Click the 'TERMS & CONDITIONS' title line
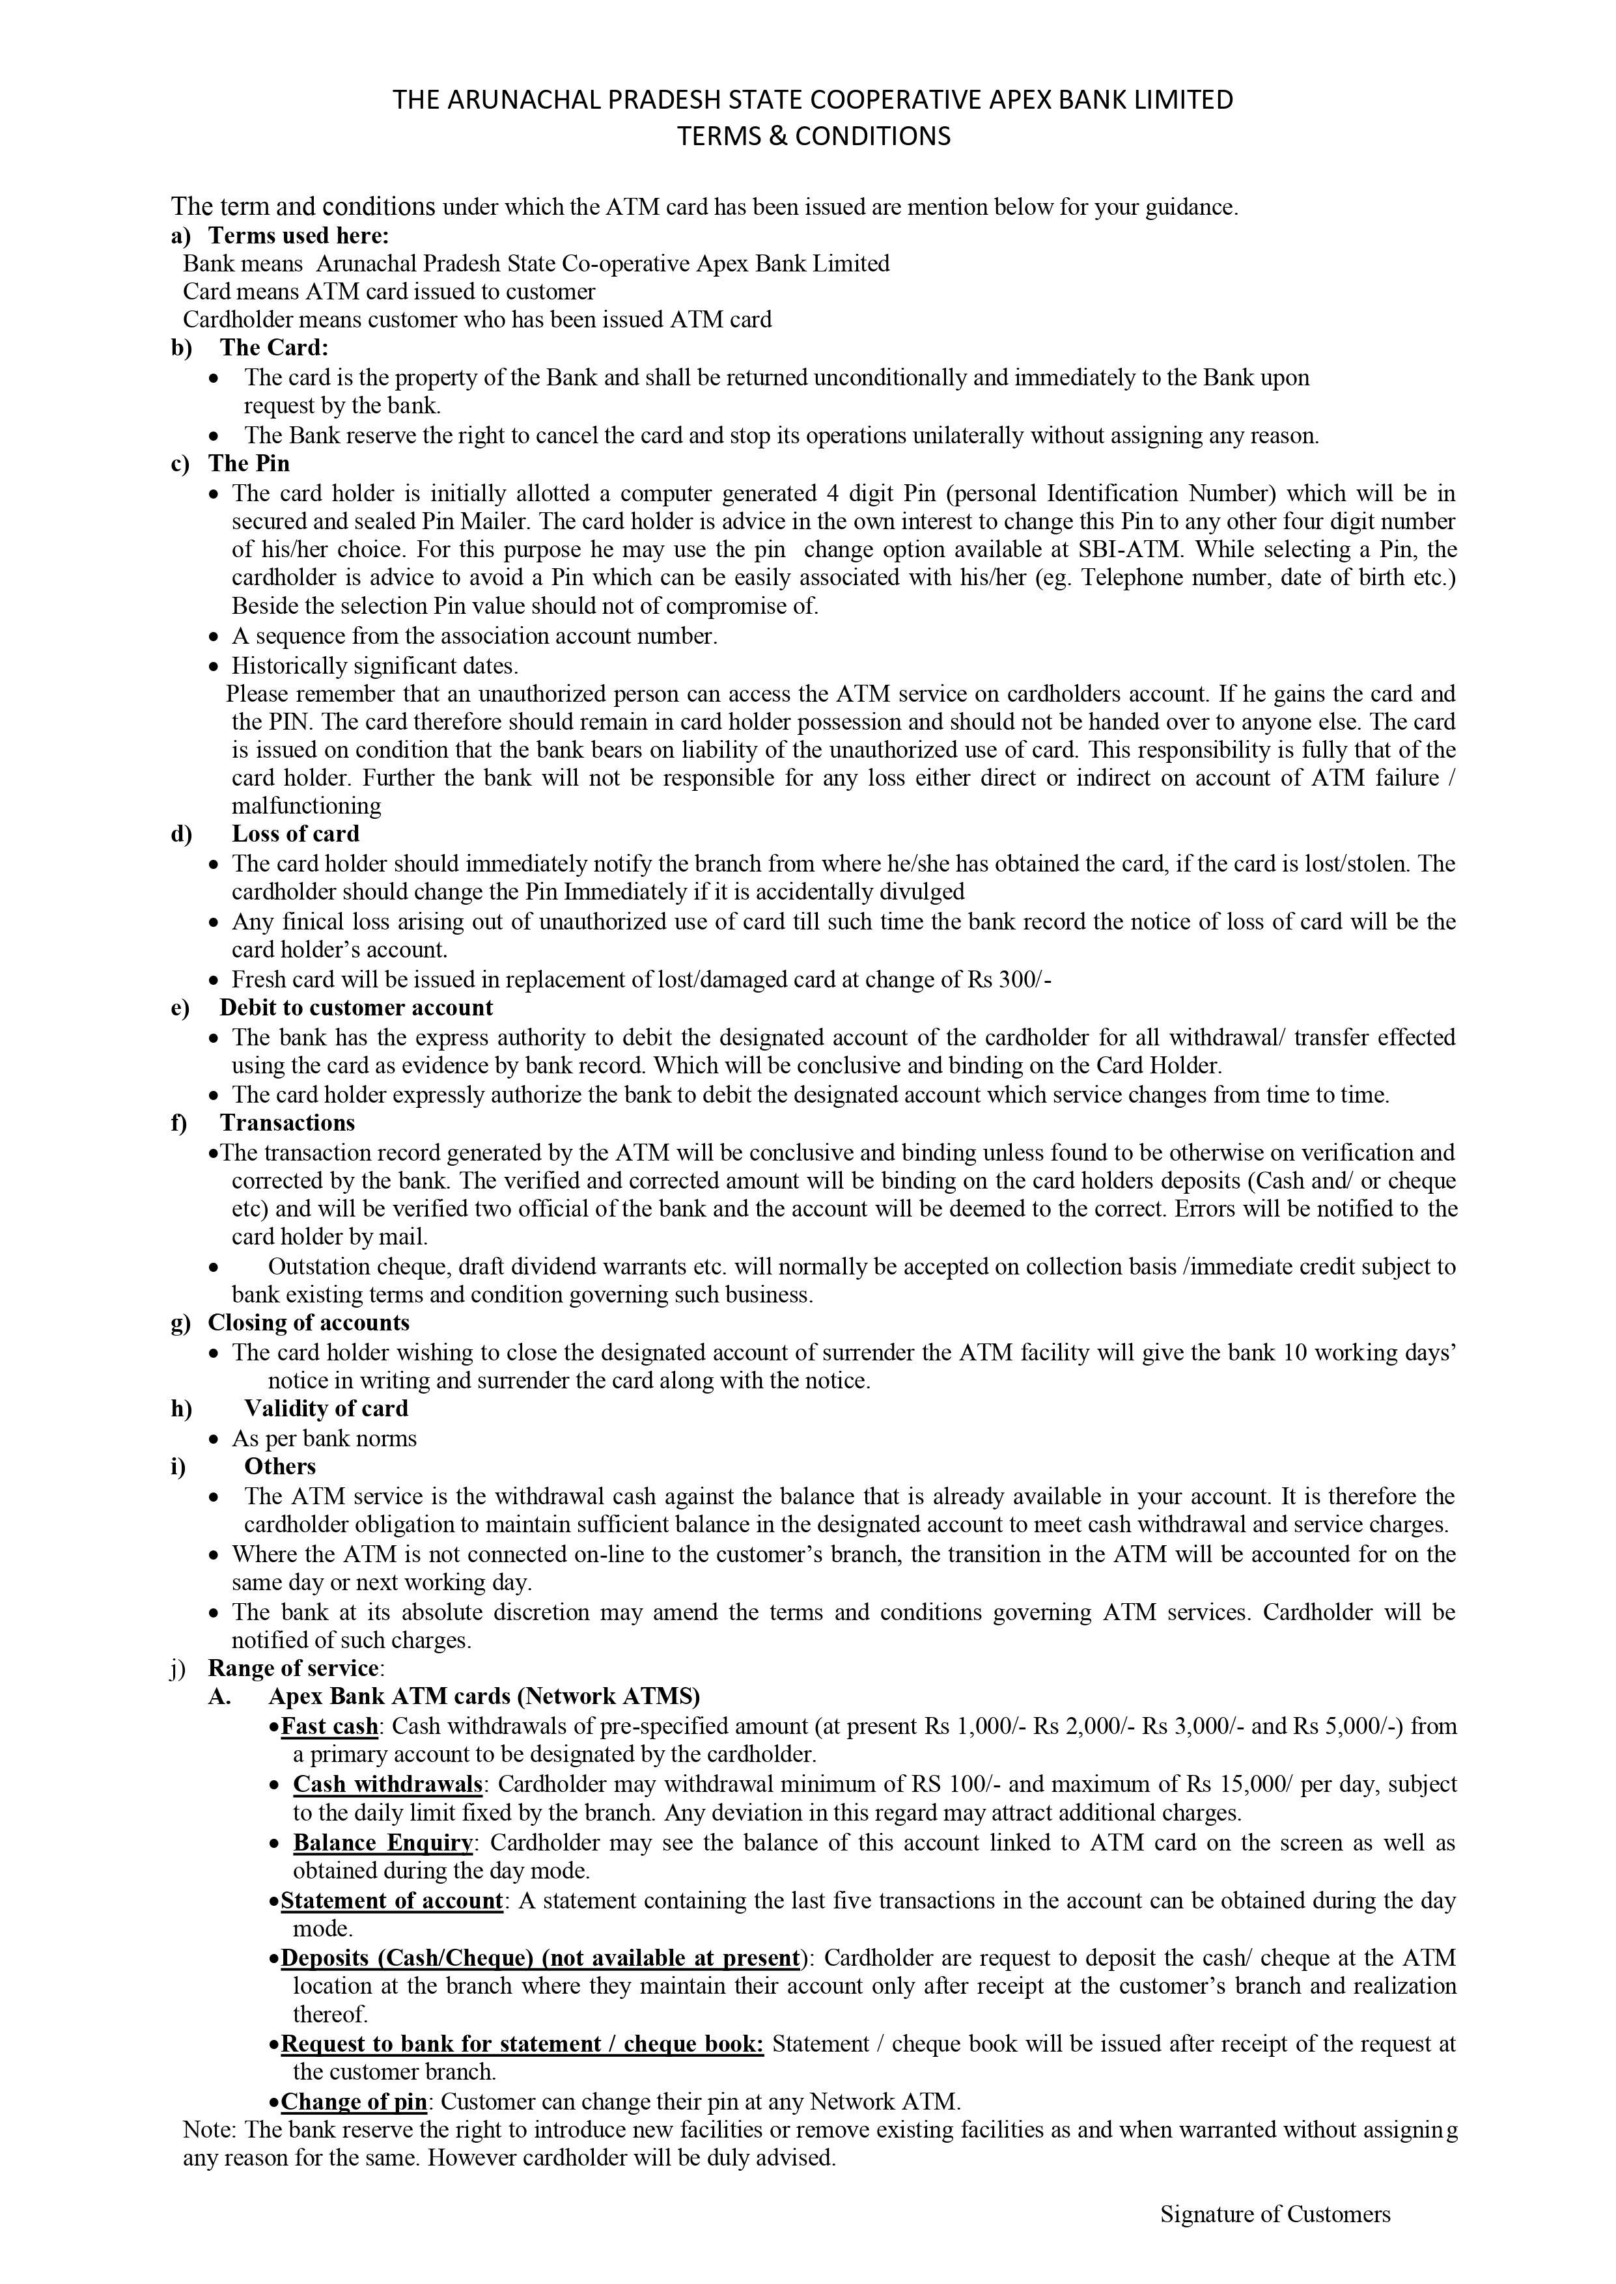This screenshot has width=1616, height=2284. tap(813, 136)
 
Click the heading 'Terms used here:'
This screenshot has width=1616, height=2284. tap(298, 236)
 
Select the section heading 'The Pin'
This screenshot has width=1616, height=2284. tap(249, 463)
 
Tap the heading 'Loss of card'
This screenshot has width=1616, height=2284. tap(296, 834)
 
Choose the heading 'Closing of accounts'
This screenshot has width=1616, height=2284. tap(309, 1323)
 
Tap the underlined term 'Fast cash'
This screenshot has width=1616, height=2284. tap(329, 1726)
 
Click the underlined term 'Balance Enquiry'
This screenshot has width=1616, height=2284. tap(383, 1842)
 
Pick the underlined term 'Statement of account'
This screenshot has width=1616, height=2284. tap(392, 1900)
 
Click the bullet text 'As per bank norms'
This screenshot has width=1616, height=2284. tap(324, 1438)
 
